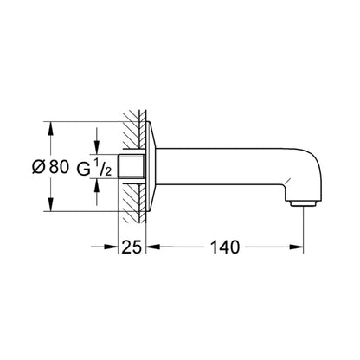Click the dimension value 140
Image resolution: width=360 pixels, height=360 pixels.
coord(225,247)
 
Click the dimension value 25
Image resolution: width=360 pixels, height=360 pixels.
coord(132,247)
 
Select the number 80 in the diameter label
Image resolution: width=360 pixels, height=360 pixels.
coord(59,167)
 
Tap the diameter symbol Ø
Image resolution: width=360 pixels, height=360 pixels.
coord(39,167)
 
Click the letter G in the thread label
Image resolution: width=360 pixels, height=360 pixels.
coord(84,169)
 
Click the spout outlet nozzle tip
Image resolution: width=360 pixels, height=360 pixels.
coord(303,204)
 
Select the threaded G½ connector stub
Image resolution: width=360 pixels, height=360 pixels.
coord(132,166)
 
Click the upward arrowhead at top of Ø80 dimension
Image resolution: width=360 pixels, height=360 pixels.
coord(50,128)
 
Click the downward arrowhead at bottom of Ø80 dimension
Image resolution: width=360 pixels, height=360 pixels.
coord(50,204)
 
